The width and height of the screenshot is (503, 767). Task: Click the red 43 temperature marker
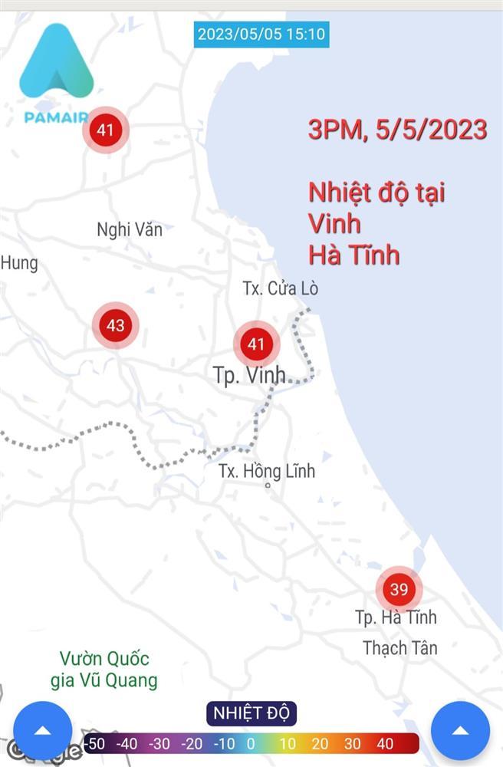click(x=115, y=325)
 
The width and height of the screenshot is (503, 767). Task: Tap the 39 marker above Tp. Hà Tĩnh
click(x=399, y=589)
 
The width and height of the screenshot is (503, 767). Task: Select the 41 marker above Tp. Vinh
click(x=255, y=344)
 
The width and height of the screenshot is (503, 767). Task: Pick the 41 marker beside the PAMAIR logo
click(x=105, y=130)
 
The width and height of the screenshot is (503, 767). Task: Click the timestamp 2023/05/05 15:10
click(x=261, y=34)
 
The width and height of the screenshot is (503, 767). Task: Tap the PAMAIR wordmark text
click(x=55, y=118)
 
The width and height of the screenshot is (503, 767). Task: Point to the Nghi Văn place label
click(x=130, y=229)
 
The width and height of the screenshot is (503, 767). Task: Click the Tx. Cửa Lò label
click(x=280, y=288)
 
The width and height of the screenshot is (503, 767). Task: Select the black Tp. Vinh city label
click(x=249, y=375)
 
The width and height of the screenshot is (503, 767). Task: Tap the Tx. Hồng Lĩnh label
click(x=266, y=471)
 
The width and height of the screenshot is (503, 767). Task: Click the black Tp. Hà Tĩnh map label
click(x=396, y=617)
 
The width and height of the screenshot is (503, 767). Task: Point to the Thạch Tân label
click(x=399, y=648)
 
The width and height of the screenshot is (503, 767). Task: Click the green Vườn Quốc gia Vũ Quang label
click(x=104, y=669)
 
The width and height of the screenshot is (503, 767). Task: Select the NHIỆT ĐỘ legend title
click(x=251, y=713)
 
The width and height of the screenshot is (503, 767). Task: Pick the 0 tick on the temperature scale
click(x=251, y=743)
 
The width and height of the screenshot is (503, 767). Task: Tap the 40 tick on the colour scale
click(x=385, y=743)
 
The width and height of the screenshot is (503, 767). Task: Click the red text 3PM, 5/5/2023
click(x=397, y=130)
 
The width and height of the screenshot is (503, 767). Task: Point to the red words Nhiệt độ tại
click(x=376, y=192)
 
